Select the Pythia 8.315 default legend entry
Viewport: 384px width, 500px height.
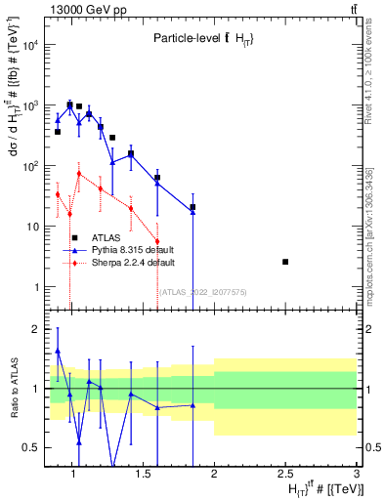click(123, 250)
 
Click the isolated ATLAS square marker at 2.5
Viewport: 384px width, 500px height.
click(285, 262)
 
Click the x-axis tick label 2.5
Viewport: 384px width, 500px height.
click(285, 475)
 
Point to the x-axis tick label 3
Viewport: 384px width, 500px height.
click(356, 475)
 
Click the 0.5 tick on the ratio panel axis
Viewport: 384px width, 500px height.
click(30, 447)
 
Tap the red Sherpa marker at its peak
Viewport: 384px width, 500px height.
click(79, 174)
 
